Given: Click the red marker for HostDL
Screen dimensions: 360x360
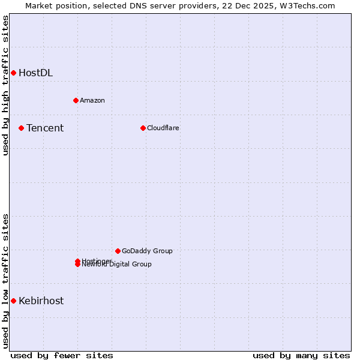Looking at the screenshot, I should click(13, 73).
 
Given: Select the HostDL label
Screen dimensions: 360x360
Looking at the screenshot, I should click(35, 73).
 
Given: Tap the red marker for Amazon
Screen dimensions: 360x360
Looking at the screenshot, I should click(76, 100).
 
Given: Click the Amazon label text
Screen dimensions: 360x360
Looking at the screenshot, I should click(92, 100).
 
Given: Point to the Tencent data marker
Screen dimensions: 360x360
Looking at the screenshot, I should click(21, 128).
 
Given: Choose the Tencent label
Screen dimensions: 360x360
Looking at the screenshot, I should click(45, 128).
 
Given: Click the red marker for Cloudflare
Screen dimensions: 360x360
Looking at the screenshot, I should click(143, 128).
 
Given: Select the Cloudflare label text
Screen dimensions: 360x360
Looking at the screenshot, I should click(163, 128).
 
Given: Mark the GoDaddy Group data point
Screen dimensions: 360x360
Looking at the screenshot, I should click(118, 251).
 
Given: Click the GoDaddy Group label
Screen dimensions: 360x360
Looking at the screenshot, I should click(147, 251).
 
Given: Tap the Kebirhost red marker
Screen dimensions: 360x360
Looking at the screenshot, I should click(13, 301).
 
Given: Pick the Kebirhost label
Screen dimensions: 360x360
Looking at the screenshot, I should click(41, 301).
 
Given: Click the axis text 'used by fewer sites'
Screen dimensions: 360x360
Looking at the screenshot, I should click(62, 355).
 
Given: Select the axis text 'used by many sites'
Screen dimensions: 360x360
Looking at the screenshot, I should click(301, 355).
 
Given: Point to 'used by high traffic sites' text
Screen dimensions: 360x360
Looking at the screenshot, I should click(5, 85).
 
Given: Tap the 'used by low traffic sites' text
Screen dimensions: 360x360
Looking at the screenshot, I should click(5, 281).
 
